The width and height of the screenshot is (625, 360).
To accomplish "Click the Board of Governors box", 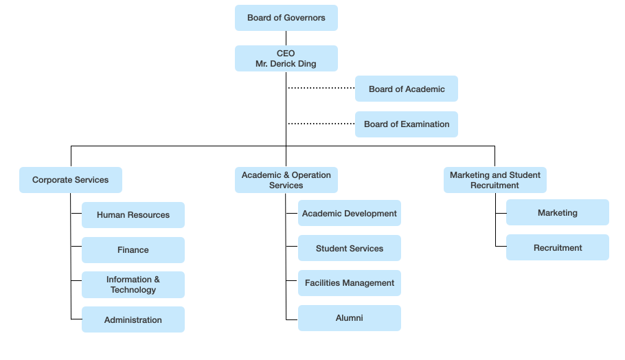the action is (x=286, y=18).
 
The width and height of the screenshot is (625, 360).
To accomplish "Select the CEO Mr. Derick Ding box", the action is (x=286, y=58).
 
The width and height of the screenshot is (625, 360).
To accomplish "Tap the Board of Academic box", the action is (x=407, y=89).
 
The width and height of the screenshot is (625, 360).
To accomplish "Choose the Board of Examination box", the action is (x=407, y=124).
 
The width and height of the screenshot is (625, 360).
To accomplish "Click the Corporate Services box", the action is (x=71, y=180).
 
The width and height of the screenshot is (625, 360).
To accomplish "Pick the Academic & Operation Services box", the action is (x=286, y=180).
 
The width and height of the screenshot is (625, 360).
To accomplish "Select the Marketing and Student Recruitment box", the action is (x=495, y=180).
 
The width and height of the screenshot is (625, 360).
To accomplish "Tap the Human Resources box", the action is (x=133, y=215).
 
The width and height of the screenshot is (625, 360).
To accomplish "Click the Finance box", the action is (x=133, y=250).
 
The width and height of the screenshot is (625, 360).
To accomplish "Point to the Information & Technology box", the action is (x=133, y=285).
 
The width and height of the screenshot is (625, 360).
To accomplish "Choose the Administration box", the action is (x=133, y=319).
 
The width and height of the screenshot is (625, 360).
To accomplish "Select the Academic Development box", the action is (x=350, y=213).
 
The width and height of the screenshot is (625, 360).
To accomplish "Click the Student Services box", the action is (x=350, y=249).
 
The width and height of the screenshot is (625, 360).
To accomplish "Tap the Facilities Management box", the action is (x=350, y=283).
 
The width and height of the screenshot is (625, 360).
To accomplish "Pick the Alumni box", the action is (x=350, y=318).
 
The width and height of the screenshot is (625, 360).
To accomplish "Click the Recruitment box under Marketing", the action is (x=558, y=247).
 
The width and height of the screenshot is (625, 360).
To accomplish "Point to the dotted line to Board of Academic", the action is (x=321, y=88).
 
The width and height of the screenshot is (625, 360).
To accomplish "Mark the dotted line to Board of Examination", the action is (x=321, y=124).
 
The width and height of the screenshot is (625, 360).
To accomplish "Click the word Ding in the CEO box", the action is (x=307, y=64).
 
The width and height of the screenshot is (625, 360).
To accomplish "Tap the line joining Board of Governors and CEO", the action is (x=286, y=38).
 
